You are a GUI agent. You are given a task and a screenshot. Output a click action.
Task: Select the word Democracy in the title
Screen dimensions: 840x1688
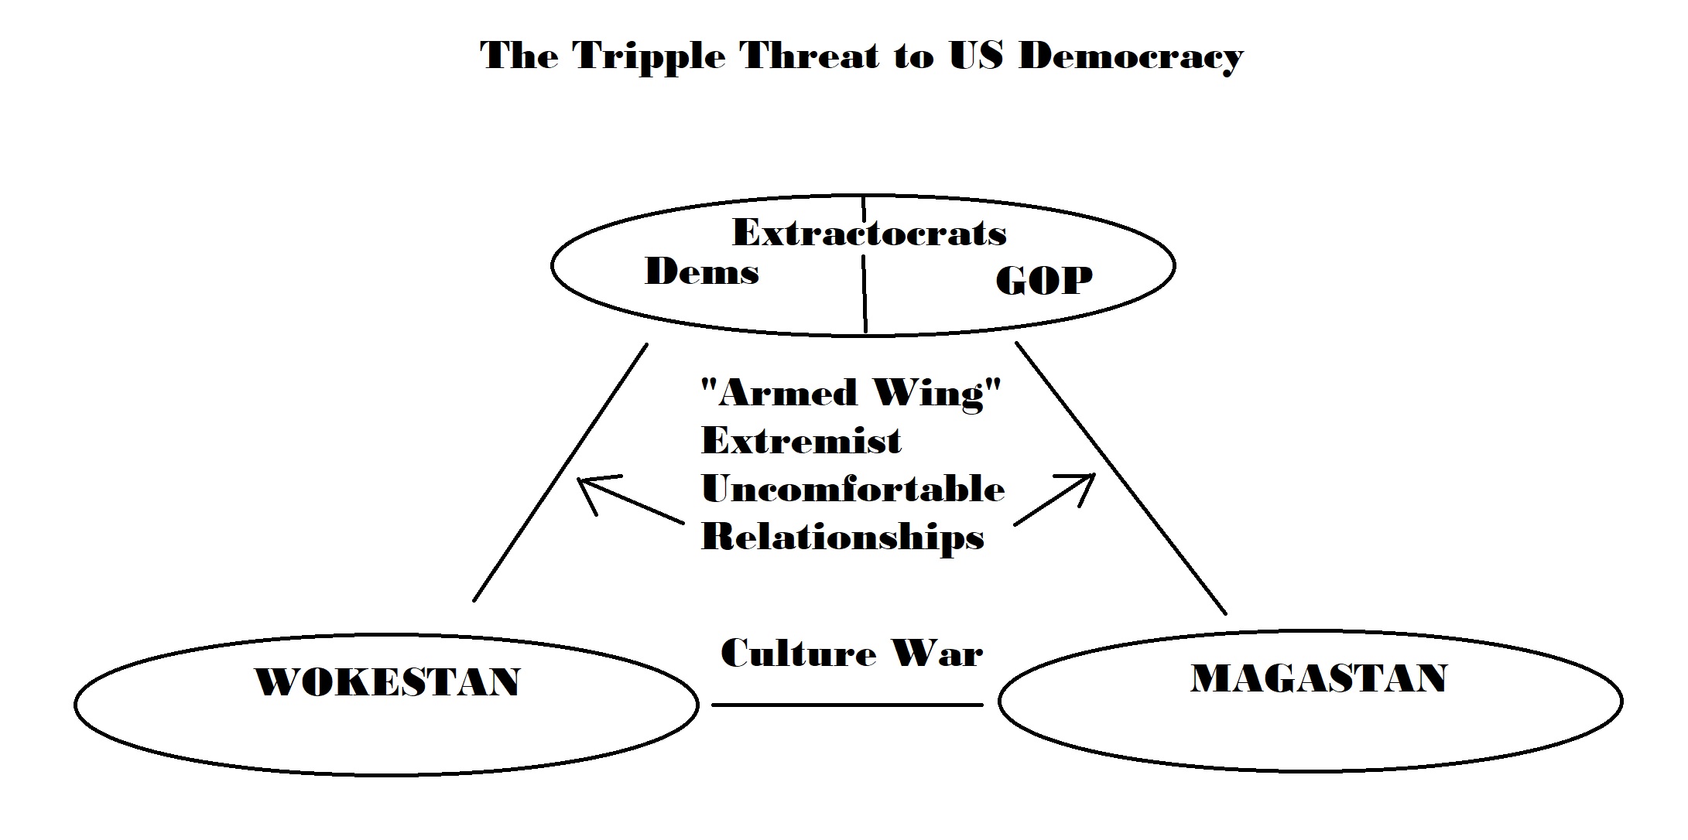point(1131,56)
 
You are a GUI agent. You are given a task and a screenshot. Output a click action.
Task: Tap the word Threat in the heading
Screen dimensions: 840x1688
point(811,56)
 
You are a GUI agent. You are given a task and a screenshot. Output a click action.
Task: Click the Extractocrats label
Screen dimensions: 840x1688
point(869,233)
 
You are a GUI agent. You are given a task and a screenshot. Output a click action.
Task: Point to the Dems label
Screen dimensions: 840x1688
point(701,272)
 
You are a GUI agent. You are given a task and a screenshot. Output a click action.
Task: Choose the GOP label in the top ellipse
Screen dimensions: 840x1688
point(1043,280)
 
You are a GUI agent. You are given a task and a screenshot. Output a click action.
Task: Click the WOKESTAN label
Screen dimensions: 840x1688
point(388,682)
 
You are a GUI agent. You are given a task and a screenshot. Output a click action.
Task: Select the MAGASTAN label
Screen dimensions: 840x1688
point(1319,678)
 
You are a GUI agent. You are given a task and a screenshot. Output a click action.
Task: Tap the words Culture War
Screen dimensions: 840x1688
point(851,654)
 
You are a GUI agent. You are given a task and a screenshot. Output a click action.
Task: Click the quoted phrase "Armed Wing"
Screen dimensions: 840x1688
point(851,393)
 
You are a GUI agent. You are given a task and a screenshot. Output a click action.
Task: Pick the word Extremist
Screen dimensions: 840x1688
point(801,442)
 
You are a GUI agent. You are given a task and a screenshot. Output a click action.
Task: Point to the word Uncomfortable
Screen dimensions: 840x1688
point(853,489)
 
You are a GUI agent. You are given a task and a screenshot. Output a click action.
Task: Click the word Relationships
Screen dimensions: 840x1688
point(842,537)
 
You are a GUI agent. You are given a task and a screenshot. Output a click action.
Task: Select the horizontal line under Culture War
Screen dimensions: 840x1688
point(847,705)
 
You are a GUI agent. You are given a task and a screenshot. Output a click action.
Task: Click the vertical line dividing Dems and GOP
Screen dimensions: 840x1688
point(865,294)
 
